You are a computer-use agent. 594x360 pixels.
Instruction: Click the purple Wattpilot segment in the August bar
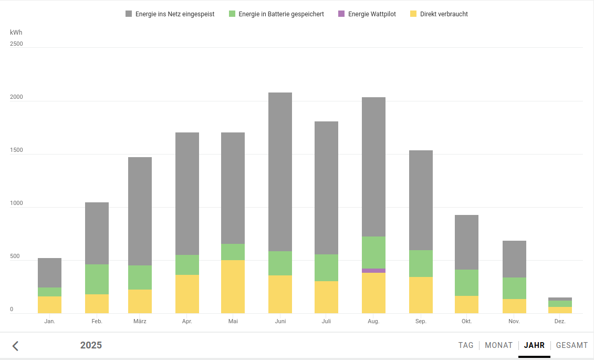click(373, 271)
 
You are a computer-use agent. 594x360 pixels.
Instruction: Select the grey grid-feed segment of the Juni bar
click(280, 172)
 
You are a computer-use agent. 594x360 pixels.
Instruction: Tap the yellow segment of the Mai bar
click(233, 286)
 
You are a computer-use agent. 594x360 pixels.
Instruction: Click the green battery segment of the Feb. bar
click(97, 279)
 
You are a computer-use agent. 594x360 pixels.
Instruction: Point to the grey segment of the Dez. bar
click(560, 299)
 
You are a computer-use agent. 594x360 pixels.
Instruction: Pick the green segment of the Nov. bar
click(514, 288)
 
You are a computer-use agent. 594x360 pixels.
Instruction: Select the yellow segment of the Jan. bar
click(49, 305)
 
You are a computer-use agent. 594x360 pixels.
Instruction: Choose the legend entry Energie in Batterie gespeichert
click(277, 14)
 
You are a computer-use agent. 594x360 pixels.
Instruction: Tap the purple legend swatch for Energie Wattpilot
click(341, 14)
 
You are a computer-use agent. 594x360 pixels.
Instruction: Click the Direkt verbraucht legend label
click(444, 14)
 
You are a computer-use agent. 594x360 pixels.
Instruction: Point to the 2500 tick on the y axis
click(17, 44)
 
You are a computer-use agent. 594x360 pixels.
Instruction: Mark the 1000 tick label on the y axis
click(17, 203)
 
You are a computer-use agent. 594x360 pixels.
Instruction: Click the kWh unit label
click(16, 33)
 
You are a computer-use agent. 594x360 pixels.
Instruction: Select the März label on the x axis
click(140, 321)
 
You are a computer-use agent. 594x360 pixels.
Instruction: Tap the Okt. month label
click(466, 321)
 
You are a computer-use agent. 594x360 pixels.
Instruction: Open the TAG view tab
click(466, 345)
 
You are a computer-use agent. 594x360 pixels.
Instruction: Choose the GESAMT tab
click(572, 345)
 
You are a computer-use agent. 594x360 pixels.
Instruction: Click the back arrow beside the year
click(16, 346)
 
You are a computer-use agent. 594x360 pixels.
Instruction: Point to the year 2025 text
click(91, 345)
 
